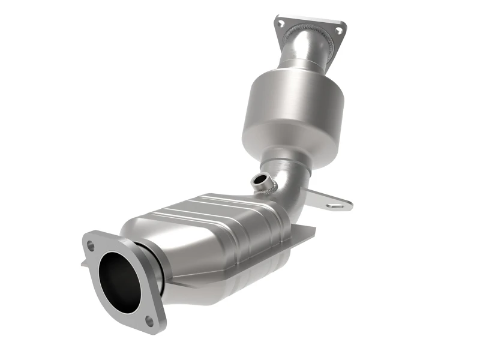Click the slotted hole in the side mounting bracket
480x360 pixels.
[337, 205]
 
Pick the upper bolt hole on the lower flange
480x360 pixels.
[91, 245]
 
